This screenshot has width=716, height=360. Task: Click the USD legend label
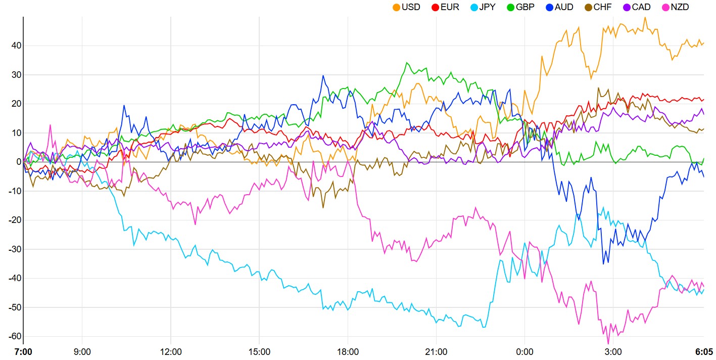tap(411, 7)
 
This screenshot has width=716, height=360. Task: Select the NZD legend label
tap(679, 7)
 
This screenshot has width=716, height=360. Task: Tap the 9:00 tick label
tap(82, 351)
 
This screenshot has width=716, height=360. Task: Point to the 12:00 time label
tap(171, 351)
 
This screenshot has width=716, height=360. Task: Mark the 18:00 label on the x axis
tap(348, 351)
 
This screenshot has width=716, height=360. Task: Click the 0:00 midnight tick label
tap(524, 351)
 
